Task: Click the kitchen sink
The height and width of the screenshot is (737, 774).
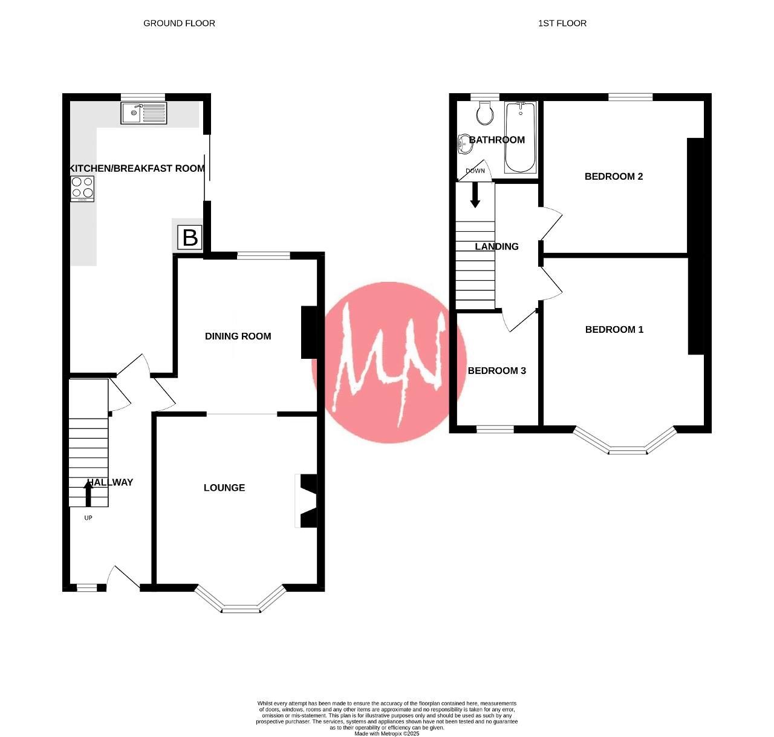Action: [144, 113]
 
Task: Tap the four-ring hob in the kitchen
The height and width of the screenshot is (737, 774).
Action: [82, 188]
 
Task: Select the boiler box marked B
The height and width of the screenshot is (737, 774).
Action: [190, 237]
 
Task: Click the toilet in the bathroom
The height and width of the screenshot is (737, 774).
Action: [484, 113]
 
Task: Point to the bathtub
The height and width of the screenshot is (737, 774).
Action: [520, 137]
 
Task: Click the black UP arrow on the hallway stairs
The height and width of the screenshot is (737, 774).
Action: [88, 493]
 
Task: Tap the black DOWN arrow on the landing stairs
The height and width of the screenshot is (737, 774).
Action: [475, 195]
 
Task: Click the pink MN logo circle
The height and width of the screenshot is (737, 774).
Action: [389, 362]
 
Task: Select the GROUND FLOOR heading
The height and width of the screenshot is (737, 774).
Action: [179, 23]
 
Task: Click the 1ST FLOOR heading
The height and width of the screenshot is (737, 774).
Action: [562, 23]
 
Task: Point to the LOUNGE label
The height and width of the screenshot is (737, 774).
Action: [224, 488]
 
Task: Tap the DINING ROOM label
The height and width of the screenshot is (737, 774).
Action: [238, 336]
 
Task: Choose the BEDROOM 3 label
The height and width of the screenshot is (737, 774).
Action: [497, 370]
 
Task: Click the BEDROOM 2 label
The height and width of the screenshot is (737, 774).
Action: [614, 176]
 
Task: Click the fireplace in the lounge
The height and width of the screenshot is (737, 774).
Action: [307, 500]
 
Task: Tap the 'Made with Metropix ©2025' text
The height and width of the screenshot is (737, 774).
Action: [386, 733]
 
